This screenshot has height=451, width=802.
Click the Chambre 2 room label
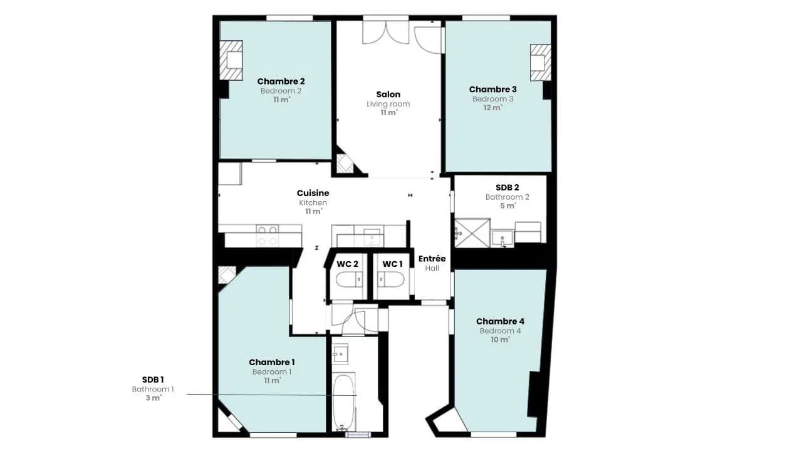[x=281, y=81]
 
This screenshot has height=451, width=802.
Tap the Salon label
[x=388, y=95]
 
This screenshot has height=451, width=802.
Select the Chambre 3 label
[x=492, y=90]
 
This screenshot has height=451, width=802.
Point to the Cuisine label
[x=313, y=194]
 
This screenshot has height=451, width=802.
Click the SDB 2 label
[x=507, y=187]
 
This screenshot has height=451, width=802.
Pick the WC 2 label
[x=347, y=264]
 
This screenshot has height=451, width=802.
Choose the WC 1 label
[x=392, y=264]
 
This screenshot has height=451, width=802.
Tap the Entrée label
[x=432, y=259]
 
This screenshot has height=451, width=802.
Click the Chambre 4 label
[x=500, y=321]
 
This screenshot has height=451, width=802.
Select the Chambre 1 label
[x=272, y=362]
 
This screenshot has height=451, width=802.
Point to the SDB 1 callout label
[x=153, y=380]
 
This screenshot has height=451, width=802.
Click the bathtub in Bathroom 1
[x=344, y=402]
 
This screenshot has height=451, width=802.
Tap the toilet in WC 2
[x=350, y=279]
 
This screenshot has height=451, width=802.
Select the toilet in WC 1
[x=391, y=279]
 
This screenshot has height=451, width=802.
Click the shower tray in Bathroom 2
[x=472, y=233]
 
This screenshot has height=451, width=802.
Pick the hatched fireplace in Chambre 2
[x=231, y=60]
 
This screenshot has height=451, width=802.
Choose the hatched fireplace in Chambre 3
[x=541, y=63]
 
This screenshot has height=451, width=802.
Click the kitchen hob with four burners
[x=268, y=236]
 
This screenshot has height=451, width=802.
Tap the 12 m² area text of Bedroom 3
[x=492, y=108]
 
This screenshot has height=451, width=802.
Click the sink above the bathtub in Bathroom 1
[x=340, y=354]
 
